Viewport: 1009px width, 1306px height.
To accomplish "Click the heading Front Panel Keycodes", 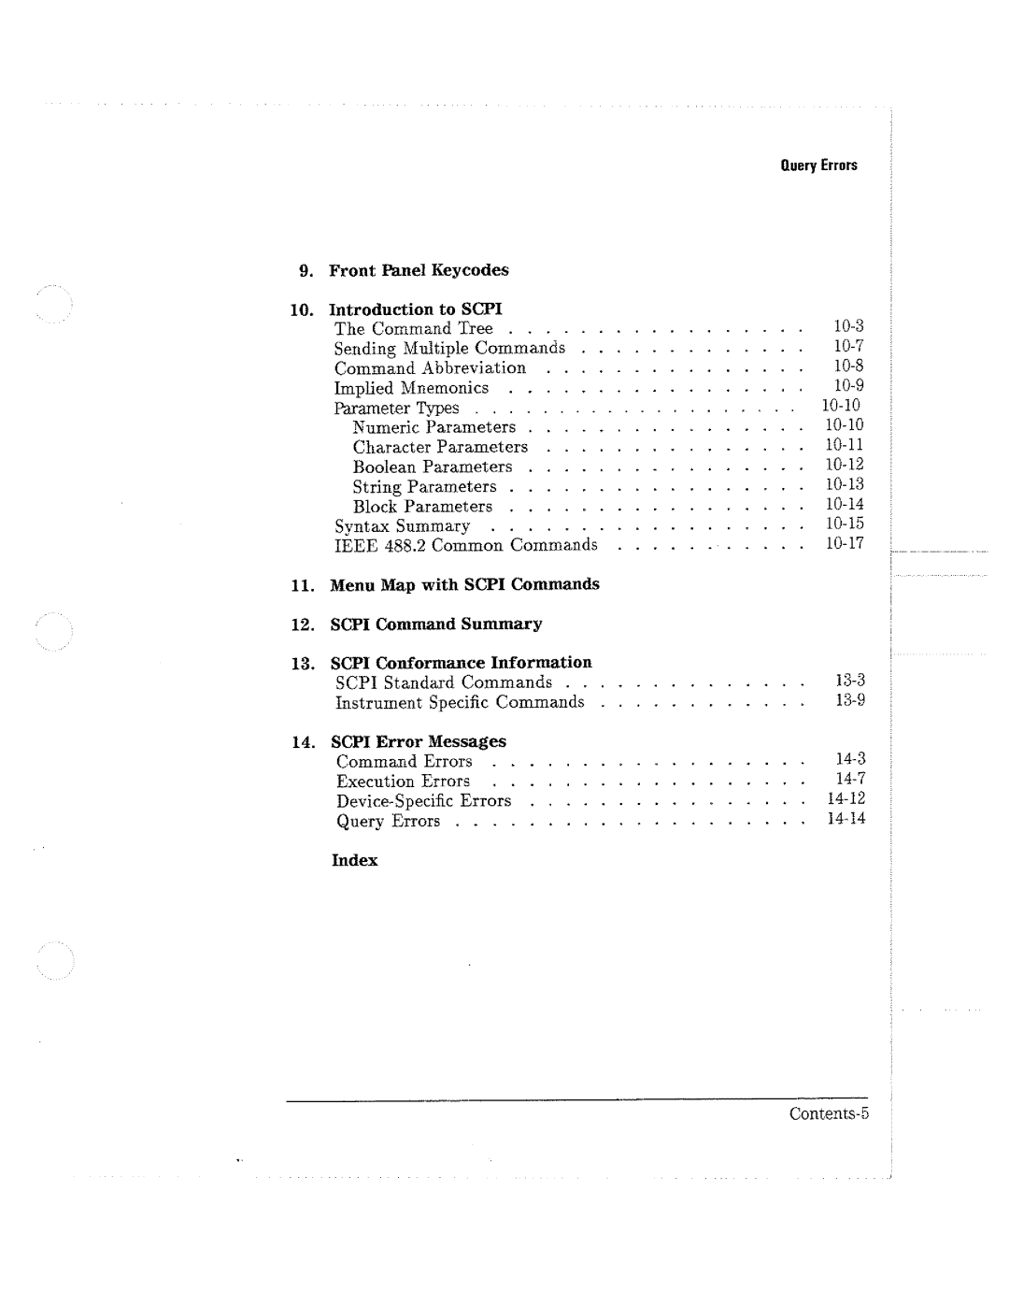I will point(419,270).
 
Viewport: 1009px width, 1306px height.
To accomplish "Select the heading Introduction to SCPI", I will point(416,309).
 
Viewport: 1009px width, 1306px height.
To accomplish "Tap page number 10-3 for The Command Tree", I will point(848,326).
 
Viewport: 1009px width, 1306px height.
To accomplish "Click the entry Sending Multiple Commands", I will point(449,348).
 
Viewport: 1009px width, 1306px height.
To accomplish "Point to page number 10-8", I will point(848,366).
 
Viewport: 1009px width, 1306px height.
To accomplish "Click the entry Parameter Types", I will point(396,409).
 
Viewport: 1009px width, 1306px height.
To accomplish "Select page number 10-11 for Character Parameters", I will point(844,445).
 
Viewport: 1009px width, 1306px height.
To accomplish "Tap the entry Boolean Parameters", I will point(433,466).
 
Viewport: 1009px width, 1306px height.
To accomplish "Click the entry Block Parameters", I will point(422,507).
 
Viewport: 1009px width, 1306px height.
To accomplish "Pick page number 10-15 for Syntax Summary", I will point(844,524).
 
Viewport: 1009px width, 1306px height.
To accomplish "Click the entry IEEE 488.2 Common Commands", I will point(465,545).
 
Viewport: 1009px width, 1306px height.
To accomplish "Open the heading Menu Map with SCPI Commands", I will point(464,584).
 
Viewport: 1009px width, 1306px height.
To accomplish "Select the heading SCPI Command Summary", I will point(435,624).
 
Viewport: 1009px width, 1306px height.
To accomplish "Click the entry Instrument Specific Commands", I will point(460,702).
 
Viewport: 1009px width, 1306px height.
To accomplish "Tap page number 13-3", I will point(850,681).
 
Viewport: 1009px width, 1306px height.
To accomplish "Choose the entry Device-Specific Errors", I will point(423,801).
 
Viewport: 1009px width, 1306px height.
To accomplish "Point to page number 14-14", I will point(846,819).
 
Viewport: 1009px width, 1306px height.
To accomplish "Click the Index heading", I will point(355,861).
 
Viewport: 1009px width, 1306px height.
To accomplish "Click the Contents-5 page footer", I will point(829,1113).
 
